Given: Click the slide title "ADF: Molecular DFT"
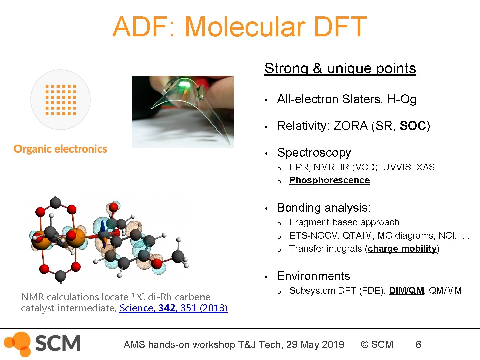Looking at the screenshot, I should pyautogui.click(x=240, y=27).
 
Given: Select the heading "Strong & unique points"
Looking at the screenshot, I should pyautogui.click(x=340, y=68).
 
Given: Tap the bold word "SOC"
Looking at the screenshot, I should pyautogui.click(x=413, y=126).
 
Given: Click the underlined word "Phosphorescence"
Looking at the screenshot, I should pyautogui.click(x=329, y=180).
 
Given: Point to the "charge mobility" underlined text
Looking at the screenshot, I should pyautogui.click(x=402, y=249).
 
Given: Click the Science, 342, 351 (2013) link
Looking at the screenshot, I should pyautogui.click(x=174, y=308).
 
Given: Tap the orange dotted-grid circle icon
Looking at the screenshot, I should pyautogui.click(x=60, y=100).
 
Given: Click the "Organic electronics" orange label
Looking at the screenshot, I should pyautogui.click(x=60, y=149).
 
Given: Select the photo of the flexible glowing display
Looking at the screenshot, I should pyautogui.click(x=183, y=111).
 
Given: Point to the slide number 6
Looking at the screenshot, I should pyautogui.click(x=418, y=344).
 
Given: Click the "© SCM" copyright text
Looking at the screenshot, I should pyautogui.click(x=377, y=344).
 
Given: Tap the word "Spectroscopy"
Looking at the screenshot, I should pyautogui.click(x=314, y=153).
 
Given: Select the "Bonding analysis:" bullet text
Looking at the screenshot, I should pyautogui.click(x=324, y=208).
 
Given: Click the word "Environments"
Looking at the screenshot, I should pyautogui.click(x=314, y=276).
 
